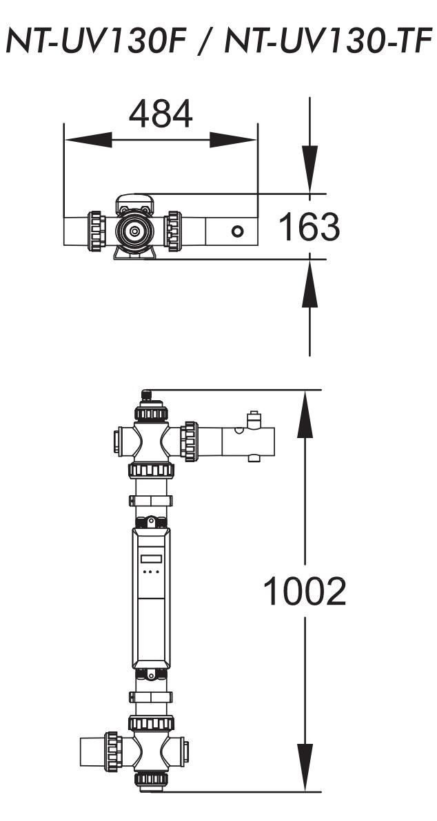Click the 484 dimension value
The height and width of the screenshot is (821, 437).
click(x=161, y=114)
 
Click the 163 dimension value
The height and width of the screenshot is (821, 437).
click(x=309, y=227)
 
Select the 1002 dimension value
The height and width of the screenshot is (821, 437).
click(x=305, y=591)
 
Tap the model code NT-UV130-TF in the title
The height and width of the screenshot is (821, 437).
click(x=328, y=41)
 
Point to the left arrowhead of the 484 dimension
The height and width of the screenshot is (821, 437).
click(x=88, y=140)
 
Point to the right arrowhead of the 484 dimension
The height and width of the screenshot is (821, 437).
click(x=233, y=140)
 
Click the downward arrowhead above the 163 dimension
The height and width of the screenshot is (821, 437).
click(x=309, y=169)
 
